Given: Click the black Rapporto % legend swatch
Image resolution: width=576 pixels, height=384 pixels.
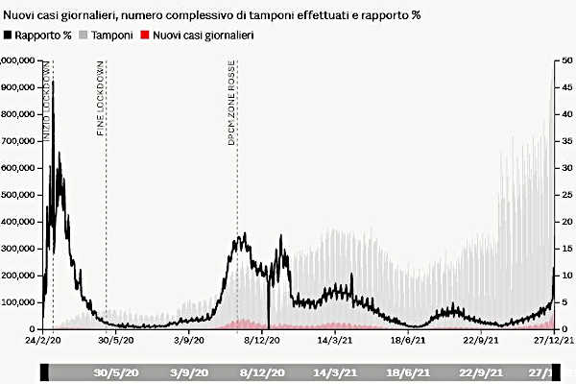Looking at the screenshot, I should click(x=9, y=36).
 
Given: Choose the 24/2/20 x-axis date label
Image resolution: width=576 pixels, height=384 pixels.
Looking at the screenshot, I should click(x=44, y=340).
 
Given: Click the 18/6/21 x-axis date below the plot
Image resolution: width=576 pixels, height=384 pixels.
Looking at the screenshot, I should click(x=407, y=340).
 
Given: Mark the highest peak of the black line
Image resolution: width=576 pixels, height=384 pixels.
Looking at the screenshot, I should click(x=53, y=83).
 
